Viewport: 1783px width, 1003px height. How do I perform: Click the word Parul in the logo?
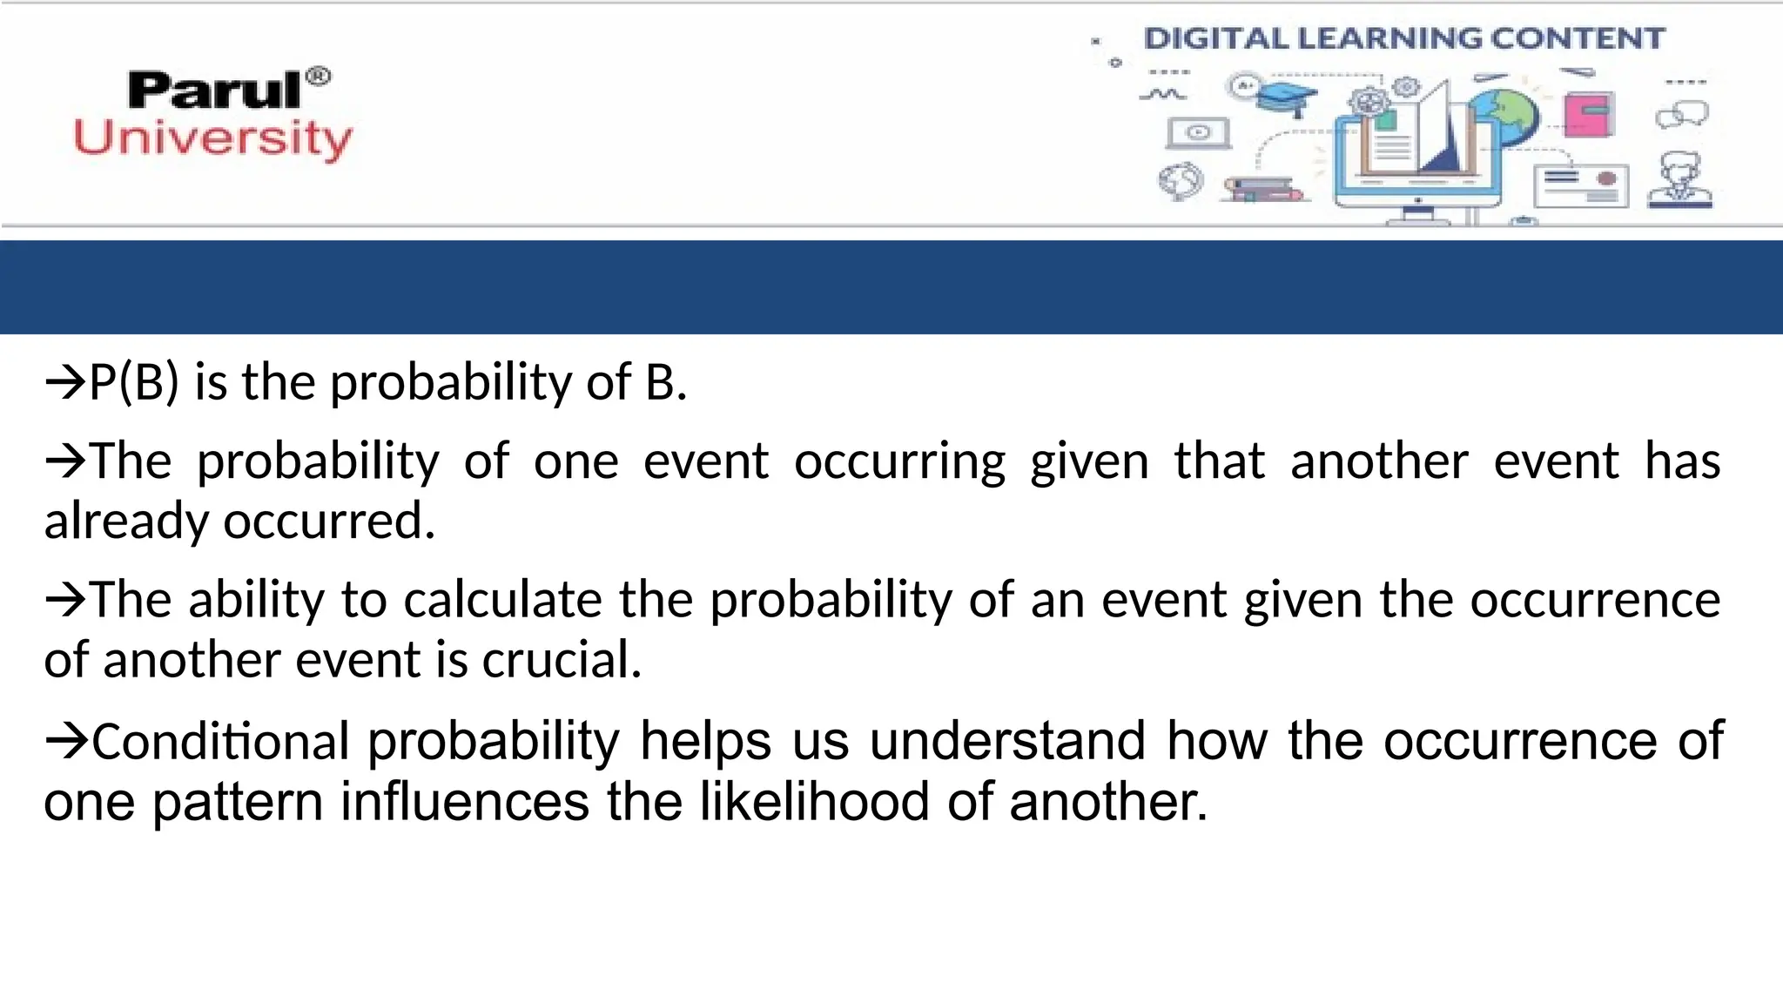coord(214,91)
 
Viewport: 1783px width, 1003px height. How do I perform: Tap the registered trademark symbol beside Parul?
coord(320,77)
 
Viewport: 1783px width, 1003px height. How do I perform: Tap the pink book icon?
coord(1588,114)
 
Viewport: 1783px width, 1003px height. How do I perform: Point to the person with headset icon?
coord(1680,180)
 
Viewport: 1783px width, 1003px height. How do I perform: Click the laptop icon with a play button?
coord(1199,133)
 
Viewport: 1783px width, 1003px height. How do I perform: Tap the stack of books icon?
coord(1263,190)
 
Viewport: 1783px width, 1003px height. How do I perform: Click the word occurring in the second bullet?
coord(899,461)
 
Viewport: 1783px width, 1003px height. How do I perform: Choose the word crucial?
coord(562,660)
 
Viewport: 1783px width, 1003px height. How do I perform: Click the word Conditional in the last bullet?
coord(220,742)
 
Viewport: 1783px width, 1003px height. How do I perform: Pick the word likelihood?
coord(814,802)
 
